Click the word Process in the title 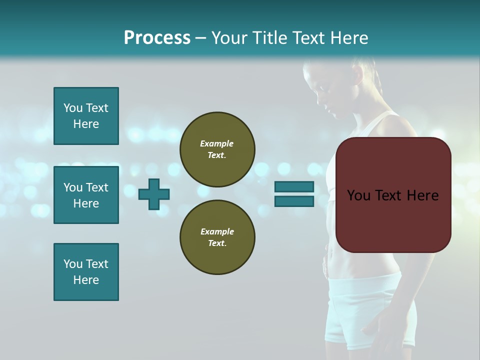[x=157, y=38]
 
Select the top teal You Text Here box [x=86, y=116]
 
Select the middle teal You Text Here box [x=86, y=195]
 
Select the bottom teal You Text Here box [x=86, y=272]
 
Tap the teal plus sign [x=154, y=194]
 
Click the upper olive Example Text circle [x=217, y=149]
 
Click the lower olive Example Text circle [x=217, y=237]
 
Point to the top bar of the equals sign [x=294, y=187]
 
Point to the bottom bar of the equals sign [x=294, y=201]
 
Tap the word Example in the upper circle [x=217, y=144]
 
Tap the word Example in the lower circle [x=217, y=232]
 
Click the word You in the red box [x=358, y=195]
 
